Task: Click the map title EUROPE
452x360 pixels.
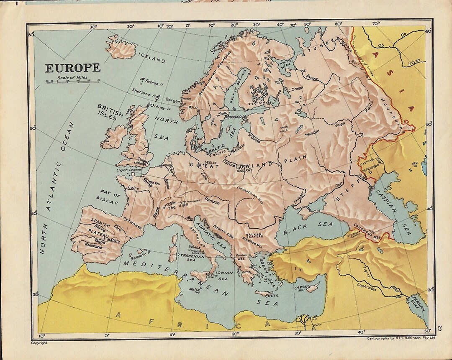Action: click(x=73, y=68)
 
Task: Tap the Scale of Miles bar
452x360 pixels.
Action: click(x=72, y=82)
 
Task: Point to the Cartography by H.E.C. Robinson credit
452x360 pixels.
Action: click(x=401, y=338)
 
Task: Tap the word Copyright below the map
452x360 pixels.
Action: click(x=39, y=342)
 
